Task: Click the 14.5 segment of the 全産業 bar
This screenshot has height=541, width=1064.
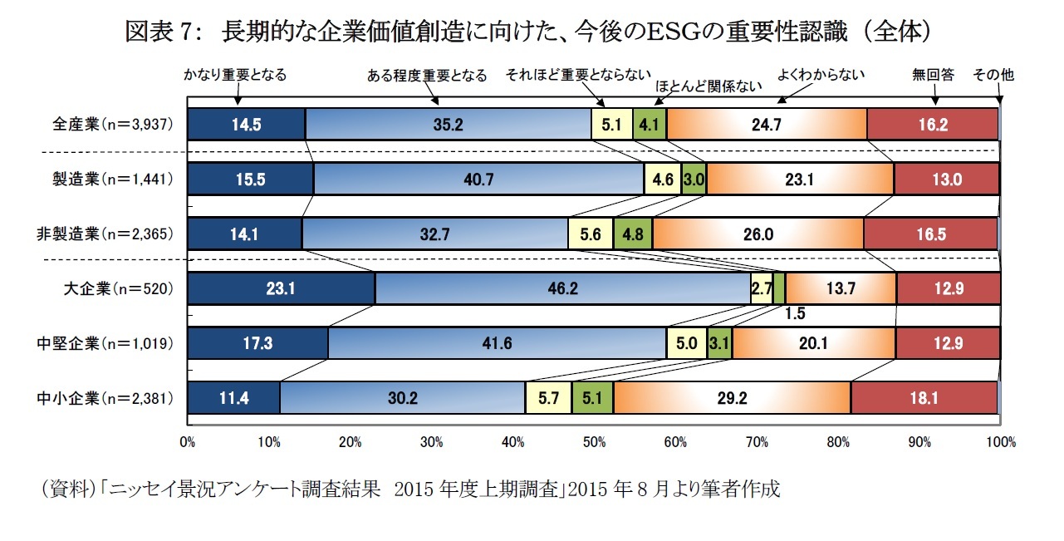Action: [x=247, y=124]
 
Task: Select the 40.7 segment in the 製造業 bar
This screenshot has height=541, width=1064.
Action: [x=478, y=179]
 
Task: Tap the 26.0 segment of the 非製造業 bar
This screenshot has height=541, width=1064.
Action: [x=758, y=234]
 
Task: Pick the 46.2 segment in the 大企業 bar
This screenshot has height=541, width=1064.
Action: [x=562, y=289]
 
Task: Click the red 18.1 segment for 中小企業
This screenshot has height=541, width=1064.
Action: [x=924, y=398]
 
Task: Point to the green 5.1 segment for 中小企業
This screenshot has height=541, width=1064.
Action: [x=592, y=398]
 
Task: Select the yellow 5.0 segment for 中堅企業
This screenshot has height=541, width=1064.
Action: [x=686, y=342]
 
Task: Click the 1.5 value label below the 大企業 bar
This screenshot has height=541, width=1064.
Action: [x=795, y=314]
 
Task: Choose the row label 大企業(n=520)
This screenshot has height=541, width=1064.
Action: [x=118, y=289]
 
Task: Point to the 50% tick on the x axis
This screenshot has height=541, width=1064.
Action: [x=594, y=442]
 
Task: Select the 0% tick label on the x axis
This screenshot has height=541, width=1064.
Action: [x=188, y=442]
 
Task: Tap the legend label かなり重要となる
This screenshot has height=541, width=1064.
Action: [x=235, y=75]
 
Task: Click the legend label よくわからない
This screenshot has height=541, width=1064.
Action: [x=821, y=74]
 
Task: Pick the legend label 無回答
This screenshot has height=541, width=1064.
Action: [x=933, y=75]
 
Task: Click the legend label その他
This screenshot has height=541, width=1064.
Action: [x=993, y=75]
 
